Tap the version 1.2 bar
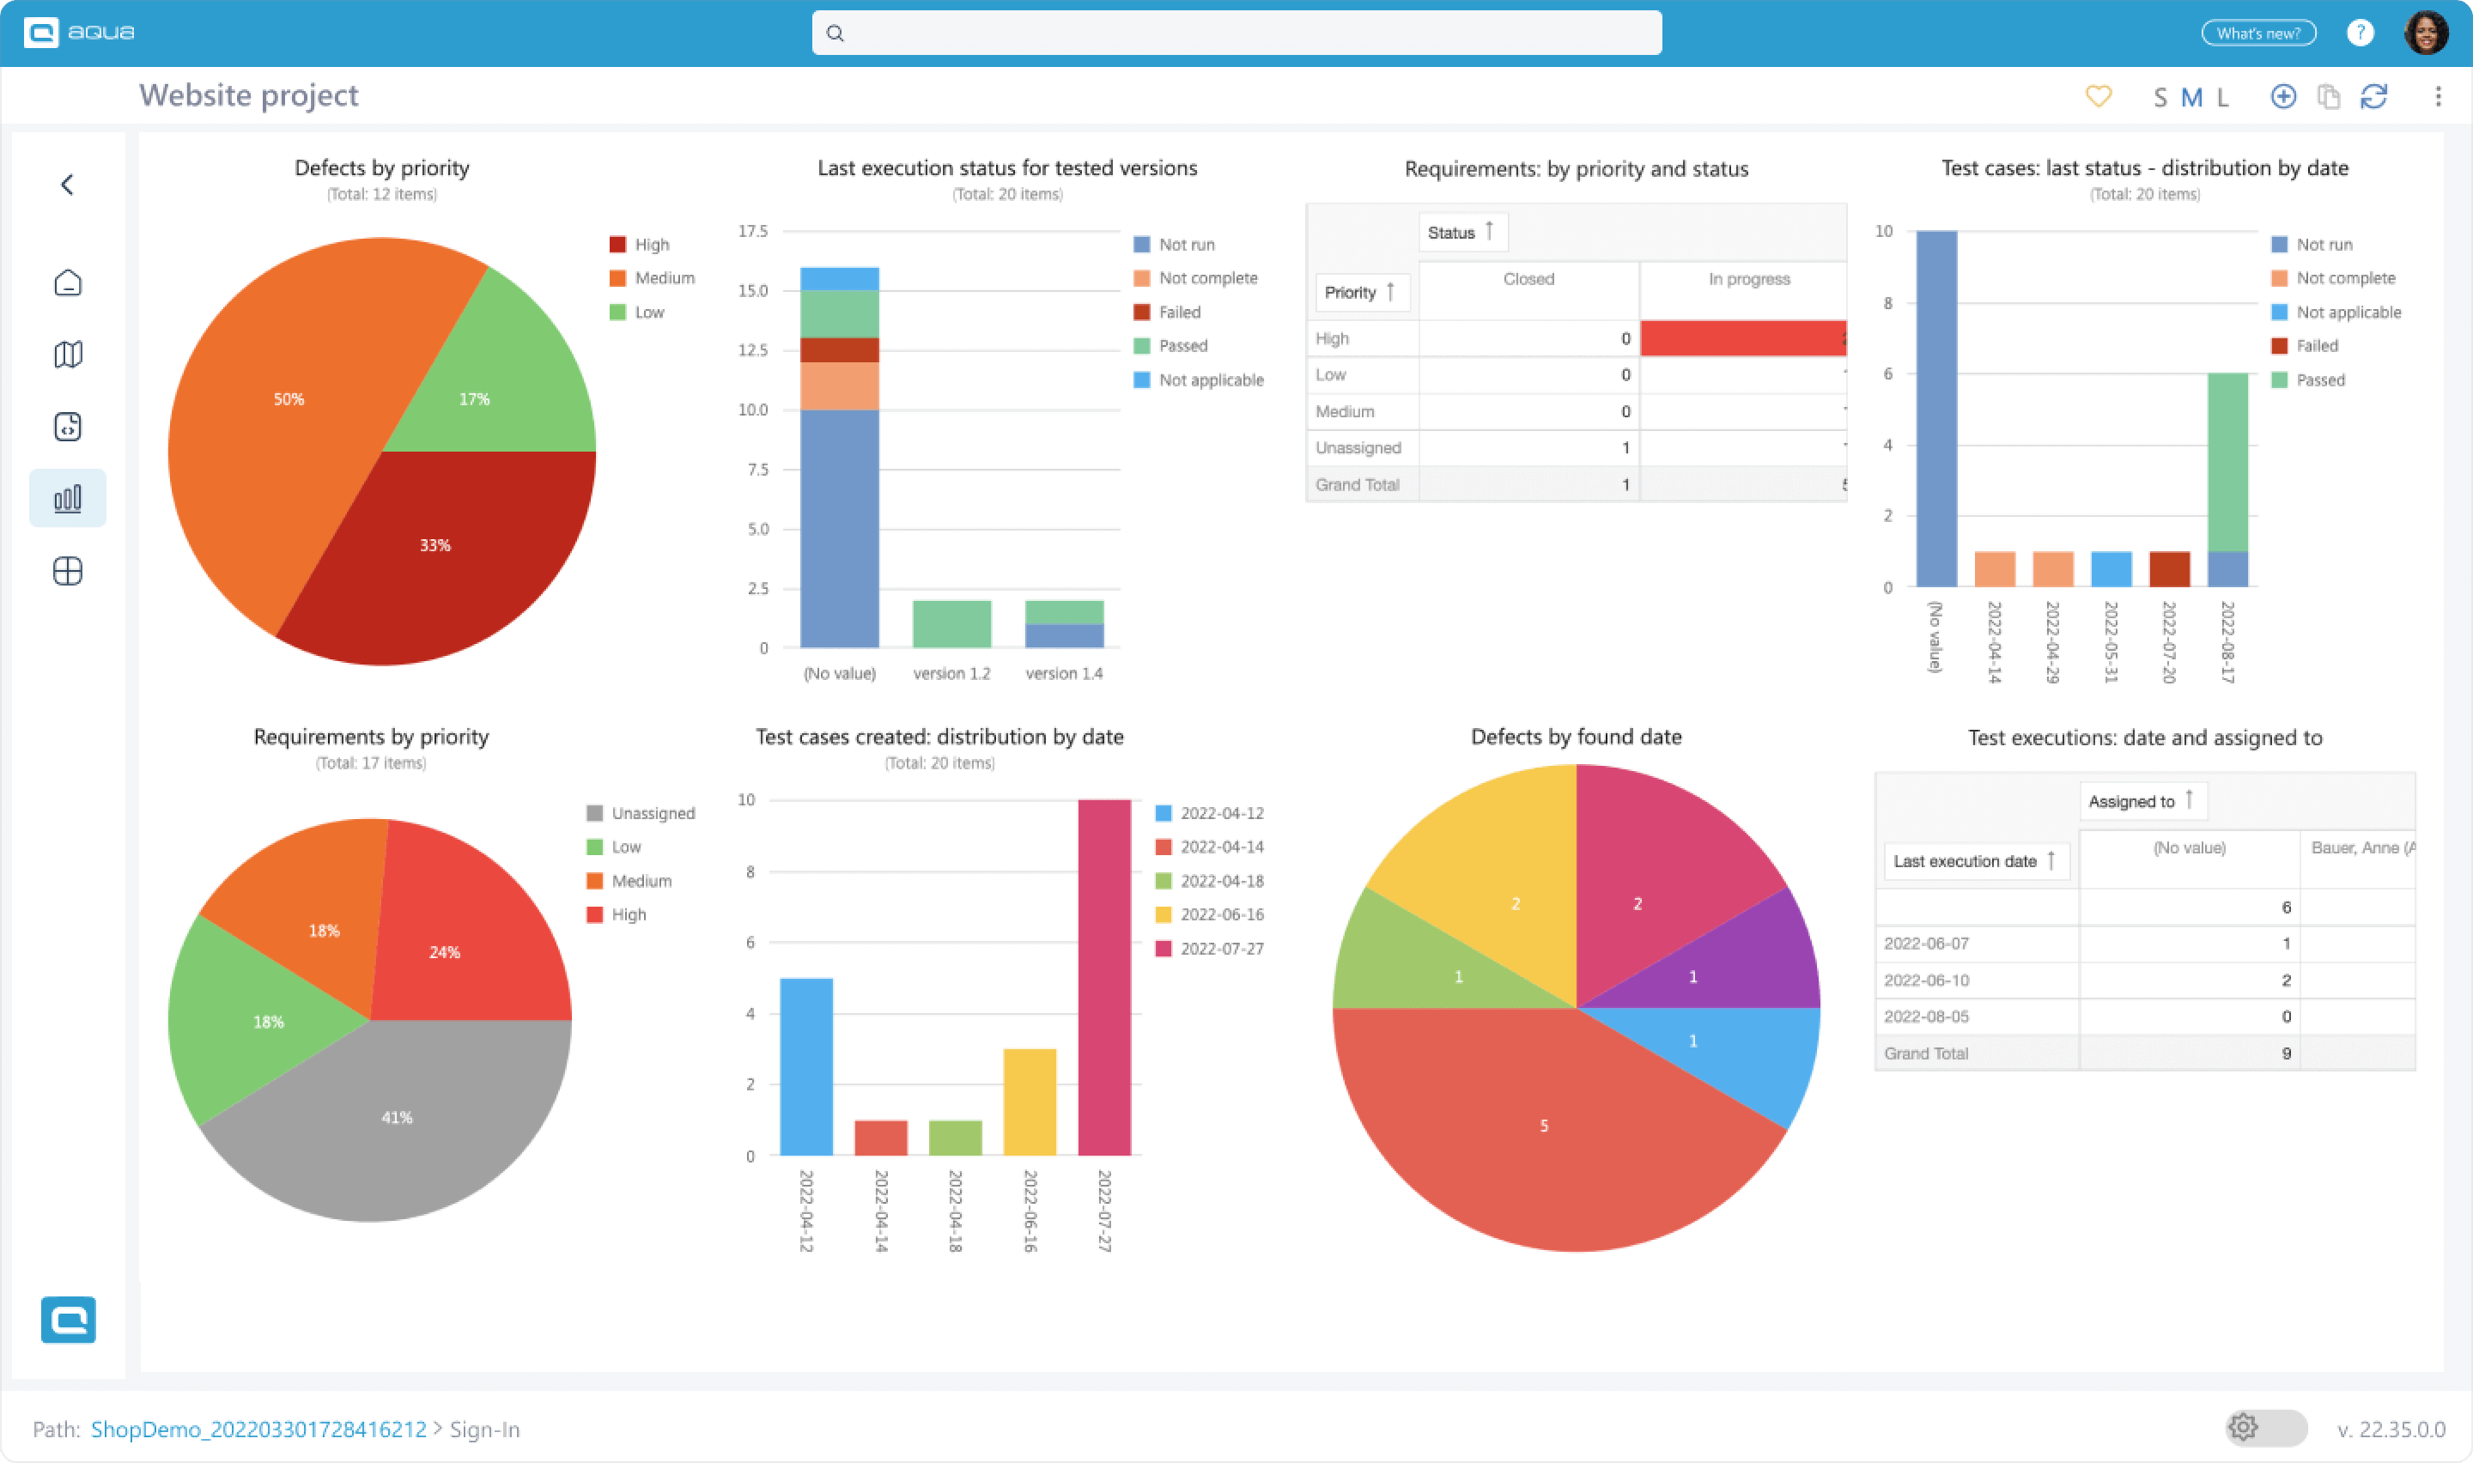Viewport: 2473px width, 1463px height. (x=951, y=623)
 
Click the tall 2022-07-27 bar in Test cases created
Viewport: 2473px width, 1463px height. (x=1104, y=976)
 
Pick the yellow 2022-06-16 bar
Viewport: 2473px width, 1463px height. (x=1029, y=1102)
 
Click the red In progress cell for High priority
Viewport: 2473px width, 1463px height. (x=1741, y=338)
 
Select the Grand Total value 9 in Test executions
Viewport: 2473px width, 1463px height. (x=2286, y=1053)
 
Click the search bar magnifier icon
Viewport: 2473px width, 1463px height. (x=835, y=33)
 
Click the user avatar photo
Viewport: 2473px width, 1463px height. (x=2426, y=33)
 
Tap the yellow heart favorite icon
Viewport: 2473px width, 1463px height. (x=2099, y=97)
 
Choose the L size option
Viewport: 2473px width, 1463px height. (x=2222, y=98)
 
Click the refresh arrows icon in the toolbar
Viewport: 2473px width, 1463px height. (x=2373, y=97)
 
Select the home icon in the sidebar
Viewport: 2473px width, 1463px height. (x=68, y=283)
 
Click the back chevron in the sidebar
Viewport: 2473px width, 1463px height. (x=67, y=185)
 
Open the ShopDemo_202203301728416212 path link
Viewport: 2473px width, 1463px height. (x=258, y=1429)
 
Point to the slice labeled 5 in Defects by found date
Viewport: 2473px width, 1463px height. (x=1544, y=1126)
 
